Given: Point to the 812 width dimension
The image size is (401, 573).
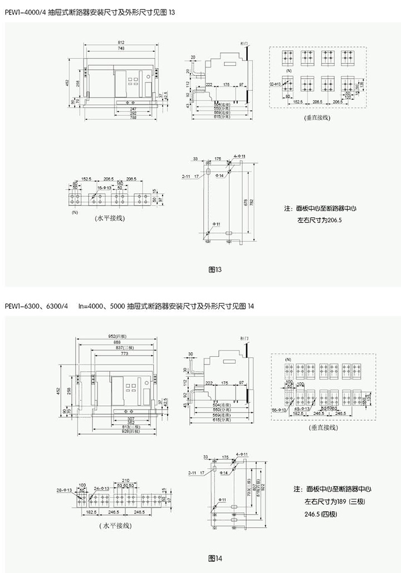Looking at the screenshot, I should click(x=121, y=43).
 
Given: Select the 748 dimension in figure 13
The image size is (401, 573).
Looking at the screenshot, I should click(x=121, y=49).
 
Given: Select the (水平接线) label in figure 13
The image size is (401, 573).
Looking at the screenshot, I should click(x=109, y=218).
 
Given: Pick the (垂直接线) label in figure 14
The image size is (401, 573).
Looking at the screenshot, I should click(x=322, y=428).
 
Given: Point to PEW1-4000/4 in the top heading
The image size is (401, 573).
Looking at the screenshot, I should click(x=25, y=12).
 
